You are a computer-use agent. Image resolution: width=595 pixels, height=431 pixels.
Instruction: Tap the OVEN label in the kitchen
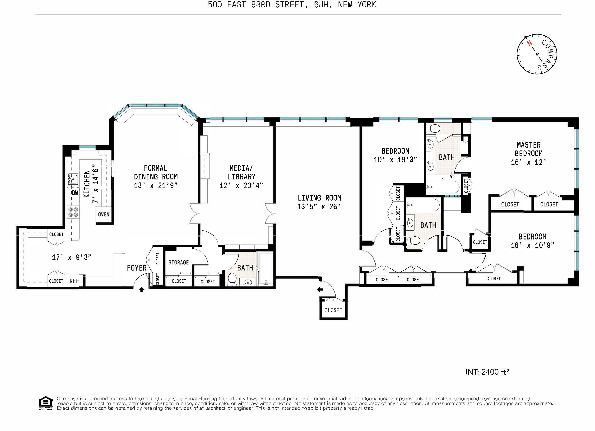[x=104, y=214]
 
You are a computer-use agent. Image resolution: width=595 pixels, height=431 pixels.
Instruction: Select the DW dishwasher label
[x=75, y=193]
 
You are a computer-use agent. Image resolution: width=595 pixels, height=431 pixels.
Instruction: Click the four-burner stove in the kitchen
[x=73, y=212]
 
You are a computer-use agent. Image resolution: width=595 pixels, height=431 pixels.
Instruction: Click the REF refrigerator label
[x=74, y=281]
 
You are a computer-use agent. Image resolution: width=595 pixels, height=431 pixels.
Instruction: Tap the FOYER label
[x=137, y=268]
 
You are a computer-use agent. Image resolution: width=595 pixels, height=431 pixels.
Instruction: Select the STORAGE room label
[x=178, y=262]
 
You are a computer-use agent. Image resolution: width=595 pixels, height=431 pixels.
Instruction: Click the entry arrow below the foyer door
[x=141, y=290]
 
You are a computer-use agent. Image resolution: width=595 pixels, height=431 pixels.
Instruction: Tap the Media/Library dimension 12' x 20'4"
[x=241, y=186]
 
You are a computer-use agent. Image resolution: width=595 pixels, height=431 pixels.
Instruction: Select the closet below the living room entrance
[x=333, y=310]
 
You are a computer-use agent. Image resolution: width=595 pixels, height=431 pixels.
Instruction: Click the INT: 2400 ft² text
[x=487, y=372]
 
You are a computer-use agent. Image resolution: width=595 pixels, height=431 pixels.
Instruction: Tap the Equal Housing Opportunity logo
[x=46, y=403]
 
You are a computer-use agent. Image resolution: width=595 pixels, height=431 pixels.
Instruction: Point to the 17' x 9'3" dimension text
[x=71, y=258]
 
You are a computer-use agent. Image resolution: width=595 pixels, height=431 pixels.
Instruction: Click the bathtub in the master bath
[x=443, y=187]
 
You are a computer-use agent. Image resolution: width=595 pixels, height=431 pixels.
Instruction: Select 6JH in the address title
[x=321, y=5]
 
